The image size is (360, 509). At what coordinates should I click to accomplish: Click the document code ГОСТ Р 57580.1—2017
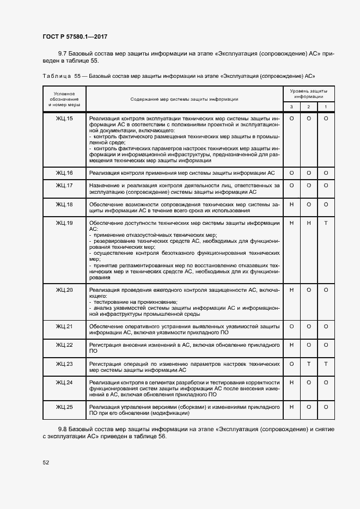click(75, 36)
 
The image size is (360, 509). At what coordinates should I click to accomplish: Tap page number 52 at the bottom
click(46, 463)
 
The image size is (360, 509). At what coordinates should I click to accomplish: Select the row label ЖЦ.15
click(64, 118)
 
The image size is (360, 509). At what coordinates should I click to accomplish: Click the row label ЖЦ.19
click(64, 223)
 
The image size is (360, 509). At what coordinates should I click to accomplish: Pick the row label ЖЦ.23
click(64, 364)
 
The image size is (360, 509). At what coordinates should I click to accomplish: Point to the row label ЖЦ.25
click(64, 407)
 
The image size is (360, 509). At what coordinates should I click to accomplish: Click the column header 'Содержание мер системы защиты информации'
click(184, 99)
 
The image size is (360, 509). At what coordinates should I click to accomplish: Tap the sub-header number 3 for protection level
click(291, 107)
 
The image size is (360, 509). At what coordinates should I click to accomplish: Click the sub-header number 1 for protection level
click(326, 107)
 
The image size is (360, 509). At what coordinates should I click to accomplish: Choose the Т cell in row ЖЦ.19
click(326, 223)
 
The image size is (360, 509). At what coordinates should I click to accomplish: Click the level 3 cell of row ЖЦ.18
click(291, 204)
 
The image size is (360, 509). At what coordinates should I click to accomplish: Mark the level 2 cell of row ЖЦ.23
click(309, 364)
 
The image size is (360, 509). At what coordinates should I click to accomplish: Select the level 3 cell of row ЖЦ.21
click(291, 326)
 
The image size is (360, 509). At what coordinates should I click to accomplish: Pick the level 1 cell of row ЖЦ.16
click(326, 173)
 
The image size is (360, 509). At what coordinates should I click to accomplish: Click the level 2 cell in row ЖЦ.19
click(309, 223)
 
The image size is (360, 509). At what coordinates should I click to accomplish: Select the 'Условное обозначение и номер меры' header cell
click(64, 99)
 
